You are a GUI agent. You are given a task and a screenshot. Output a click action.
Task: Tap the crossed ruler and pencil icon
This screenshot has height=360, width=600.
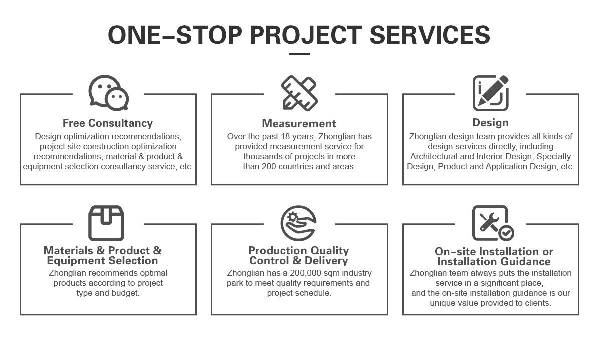tap(299, 93)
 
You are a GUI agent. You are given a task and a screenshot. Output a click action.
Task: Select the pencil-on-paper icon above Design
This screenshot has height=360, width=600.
tap(491, 93)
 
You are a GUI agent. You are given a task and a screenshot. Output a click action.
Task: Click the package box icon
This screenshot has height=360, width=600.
tap(106, 223)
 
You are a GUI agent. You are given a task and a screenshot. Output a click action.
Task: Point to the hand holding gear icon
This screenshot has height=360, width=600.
tap(298, 223)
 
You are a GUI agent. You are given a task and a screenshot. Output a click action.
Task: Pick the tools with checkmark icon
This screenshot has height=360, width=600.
tap(492, 223)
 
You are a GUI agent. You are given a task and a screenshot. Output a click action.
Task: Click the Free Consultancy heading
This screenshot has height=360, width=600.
tap(108, 123)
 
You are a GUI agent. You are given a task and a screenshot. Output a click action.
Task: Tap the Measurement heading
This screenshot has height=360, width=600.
tap(299, 123)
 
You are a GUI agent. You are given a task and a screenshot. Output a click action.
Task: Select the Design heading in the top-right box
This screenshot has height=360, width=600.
tap(490, 122)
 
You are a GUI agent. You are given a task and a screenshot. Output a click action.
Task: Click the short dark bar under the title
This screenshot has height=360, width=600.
tap(299, 53)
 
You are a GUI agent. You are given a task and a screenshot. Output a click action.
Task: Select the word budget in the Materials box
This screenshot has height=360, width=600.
tap(126, 293)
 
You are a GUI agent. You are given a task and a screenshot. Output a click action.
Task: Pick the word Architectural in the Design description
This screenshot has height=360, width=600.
tap(433, 156)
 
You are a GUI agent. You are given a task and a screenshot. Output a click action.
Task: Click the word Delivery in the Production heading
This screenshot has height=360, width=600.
tap(326, 260)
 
